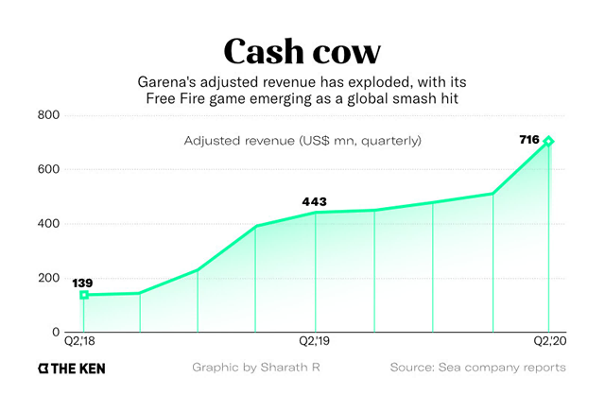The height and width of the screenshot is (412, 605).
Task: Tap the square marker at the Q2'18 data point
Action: (84, 295)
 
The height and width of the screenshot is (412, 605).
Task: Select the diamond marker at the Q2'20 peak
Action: (548, 142)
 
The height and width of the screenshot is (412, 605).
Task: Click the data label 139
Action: (83, 283)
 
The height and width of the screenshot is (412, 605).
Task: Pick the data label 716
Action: (529, 140)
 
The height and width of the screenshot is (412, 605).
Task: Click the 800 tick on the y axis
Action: (48, 115)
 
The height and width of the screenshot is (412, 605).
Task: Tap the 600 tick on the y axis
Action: (48, 169)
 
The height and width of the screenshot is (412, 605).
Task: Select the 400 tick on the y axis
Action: (48, 224)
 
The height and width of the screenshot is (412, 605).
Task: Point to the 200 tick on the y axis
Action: (48, 278)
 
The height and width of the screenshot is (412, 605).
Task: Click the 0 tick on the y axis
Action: (56, 333)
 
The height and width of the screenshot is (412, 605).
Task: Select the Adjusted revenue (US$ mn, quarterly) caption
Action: (302, 141)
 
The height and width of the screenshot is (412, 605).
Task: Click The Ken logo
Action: (71, 368)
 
